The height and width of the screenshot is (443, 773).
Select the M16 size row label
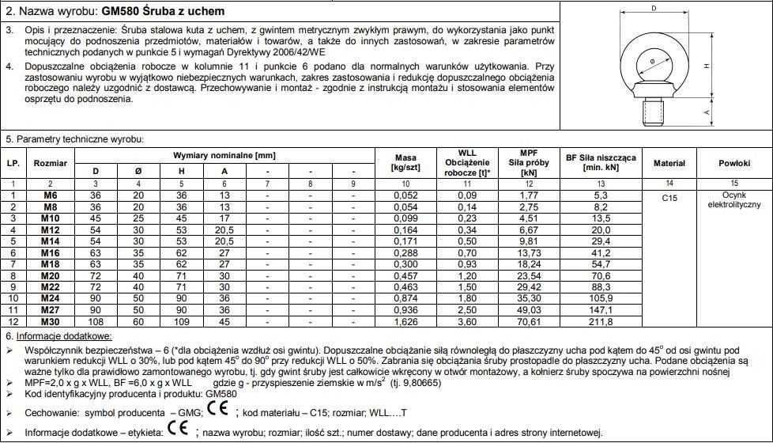pyautogui.click(x=51, y=252)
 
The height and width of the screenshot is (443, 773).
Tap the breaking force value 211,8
pyautogui.click(x=601, y=323)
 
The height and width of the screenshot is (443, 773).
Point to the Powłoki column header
pyautogui.click(x=733, y=163)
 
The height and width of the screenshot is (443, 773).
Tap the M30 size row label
pyautogui.click(x=51, y=323)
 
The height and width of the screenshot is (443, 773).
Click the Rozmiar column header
pyautogui.click(x=51, y=163)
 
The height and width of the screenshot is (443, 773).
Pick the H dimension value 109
pyautogui.click(x=181, y=323)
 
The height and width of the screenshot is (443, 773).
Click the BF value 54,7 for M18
pyautogui.click(x=601, y=264)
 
